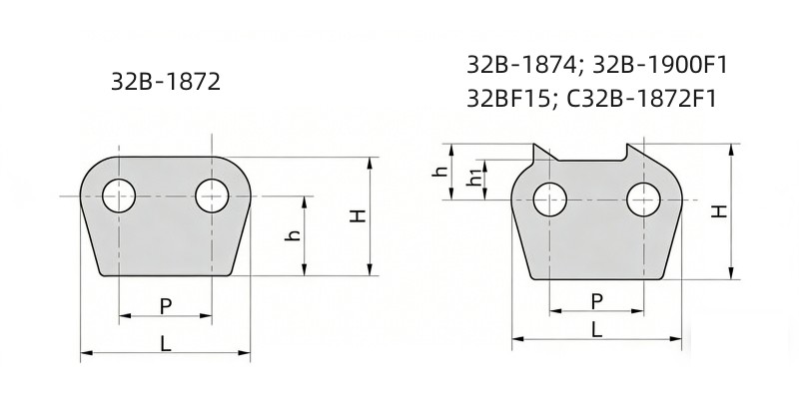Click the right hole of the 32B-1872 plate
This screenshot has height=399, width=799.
coord(212,195)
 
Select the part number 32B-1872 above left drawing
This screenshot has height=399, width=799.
coord(166,81)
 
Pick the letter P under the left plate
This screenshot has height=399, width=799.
coord(166,306)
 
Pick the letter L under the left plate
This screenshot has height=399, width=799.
coord(166,342)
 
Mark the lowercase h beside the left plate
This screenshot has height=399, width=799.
coord(294,235)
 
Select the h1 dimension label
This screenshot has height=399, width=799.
coord(473,179)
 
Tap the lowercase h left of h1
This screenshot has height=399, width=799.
coord(439,172)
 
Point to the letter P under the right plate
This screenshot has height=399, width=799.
coord(596,300)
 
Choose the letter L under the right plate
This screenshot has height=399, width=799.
coord(596,329)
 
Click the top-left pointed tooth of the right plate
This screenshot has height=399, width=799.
coord(539,152)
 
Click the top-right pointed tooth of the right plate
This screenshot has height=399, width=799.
coord(631,152)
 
